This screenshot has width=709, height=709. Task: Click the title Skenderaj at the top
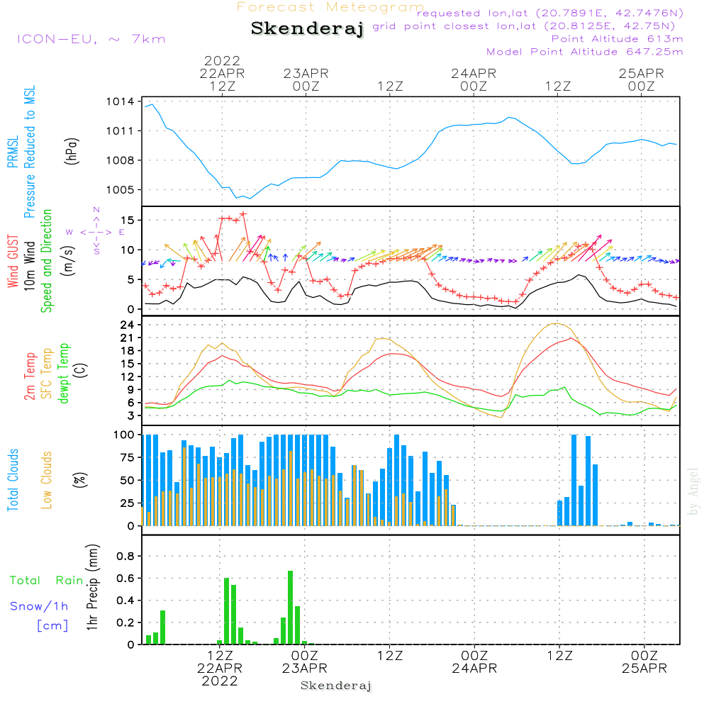[x=307, y=29]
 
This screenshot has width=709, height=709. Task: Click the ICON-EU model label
[x=91, y=39]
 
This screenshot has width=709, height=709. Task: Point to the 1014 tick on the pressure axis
[x=121, y=101]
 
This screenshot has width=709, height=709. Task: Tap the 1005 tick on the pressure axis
[x=121, y=189]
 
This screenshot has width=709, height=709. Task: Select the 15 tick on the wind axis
[x=128, y=220]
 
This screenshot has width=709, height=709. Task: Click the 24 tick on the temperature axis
[x=128, y=325]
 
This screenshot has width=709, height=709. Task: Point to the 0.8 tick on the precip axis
[x=125, y=556]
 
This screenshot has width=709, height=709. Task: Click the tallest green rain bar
[x=290, y=608]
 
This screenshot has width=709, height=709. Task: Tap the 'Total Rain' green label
[x=47, y=580]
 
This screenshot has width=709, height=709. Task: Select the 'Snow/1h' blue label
[x=39, y=606]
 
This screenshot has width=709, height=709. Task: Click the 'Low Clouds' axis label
[x=46, y=480]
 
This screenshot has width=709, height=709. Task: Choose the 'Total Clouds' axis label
[x=13, y=480]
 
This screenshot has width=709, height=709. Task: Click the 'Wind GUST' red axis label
[x=13, y=261]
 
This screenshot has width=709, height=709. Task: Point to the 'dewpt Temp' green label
[x=63, y=373]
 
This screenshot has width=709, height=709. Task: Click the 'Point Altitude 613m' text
[x=618, y=39]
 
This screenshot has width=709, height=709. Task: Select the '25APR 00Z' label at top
[x=641, y=79]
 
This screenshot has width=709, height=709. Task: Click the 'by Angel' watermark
[x=693, y=491]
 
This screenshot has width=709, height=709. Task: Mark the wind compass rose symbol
[x=96, y=231]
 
